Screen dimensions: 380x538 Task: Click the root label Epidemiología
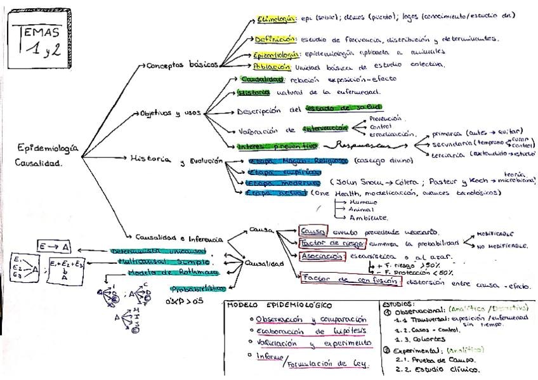click(48, 148)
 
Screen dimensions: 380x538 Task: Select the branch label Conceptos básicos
click(183, 65)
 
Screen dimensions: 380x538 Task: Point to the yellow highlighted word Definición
click(275, 39)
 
